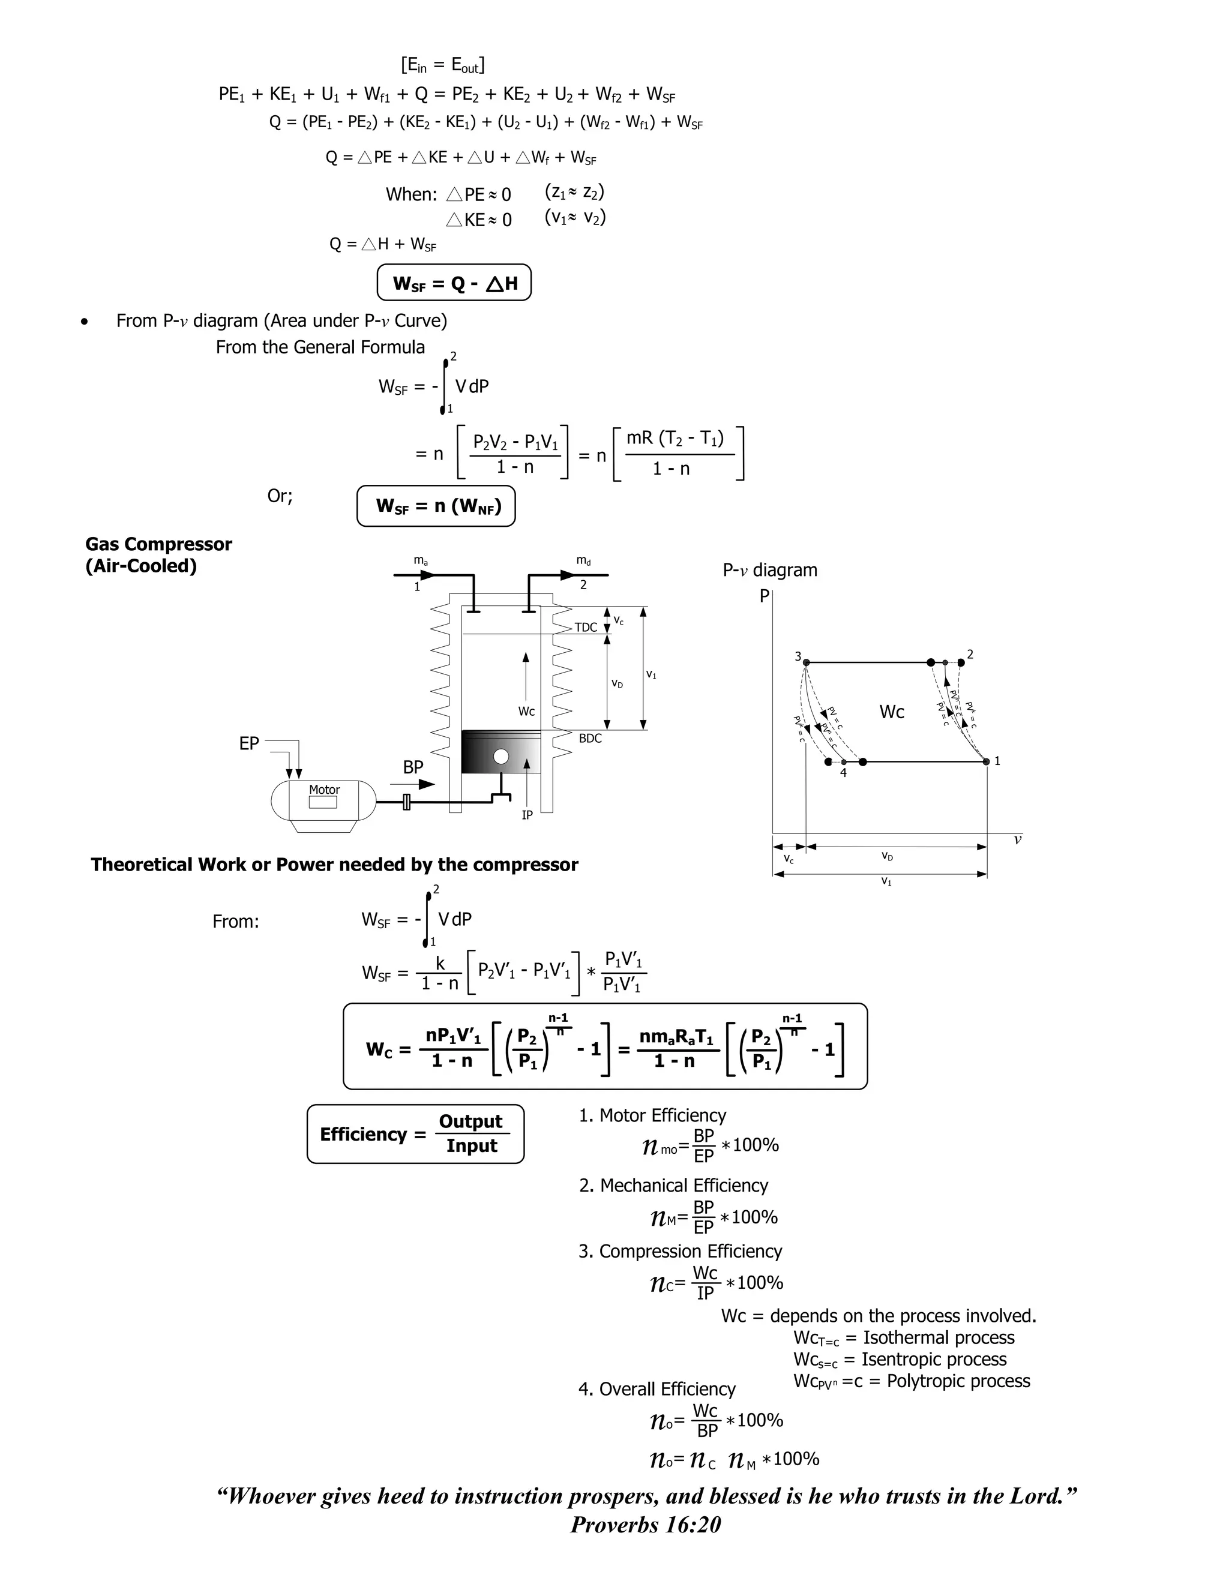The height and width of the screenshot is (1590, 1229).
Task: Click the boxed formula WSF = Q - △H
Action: click(454, 283)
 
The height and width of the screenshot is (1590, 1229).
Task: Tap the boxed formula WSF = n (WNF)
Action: click(436, 505)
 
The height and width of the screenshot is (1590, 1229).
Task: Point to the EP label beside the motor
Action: click(249, 743)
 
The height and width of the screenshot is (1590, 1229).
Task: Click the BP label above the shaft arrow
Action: click(413, 767)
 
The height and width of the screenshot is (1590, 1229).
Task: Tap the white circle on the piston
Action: click(501, 757)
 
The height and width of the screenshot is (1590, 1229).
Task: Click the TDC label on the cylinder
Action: click(585, 628)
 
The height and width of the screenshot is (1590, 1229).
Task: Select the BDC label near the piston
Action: click(590, 738)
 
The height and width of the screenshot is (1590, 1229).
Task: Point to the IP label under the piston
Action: click(527, 815)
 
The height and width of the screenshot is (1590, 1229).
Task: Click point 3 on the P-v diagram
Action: click(805, 662)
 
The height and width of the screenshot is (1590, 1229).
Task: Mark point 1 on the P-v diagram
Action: click(987, 761)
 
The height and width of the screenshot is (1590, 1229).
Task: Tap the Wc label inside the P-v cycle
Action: click(891, 712)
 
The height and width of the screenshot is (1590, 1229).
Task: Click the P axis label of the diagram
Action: click(764, 596)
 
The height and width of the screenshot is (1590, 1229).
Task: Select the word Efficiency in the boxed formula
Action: click(362, 1134)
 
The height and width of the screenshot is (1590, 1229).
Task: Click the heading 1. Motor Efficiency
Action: click(652, 1115)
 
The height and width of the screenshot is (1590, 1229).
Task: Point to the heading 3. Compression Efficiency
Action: click(680, 1251)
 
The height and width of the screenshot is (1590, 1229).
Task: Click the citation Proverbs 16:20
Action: click(645, 1525)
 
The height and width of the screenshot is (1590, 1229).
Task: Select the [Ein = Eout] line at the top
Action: click(443, 65)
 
